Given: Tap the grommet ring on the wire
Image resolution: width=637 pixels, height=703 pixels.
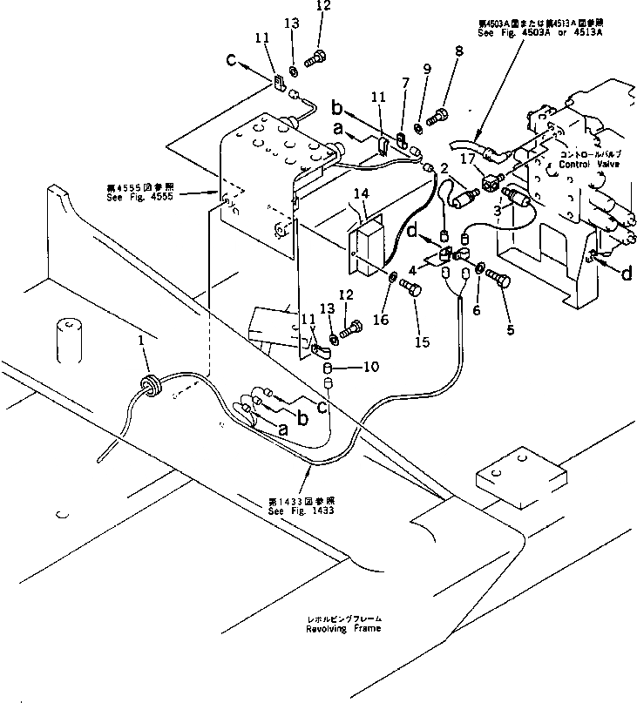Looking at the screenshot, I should (x=151, y=383).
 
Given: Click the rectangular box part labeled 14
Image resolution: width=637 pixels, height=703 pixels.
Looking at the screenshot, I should (x=369, y=245).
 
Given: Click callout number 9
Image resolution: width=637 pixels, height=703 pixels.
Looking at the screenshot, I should (x=426, y=70).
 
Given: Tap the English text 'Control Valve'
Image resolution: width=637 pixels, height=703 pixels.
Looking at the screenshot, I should (x=587, y=163).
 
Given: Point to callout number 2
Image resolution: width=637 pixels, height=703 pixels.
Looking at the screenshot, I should (x=444, y=167).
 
